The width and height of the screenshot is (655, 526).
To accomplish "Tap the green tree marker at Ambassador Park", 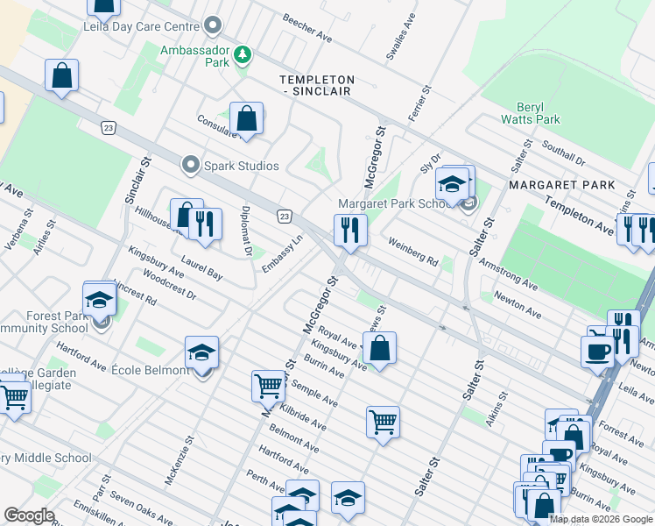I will [x=243, y=57].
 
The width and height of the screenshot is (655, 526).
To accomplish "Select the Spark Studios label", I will [x=241, y=166].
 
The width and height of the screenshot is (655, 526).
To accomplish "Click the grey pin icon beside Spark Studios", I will [x=190, y=165].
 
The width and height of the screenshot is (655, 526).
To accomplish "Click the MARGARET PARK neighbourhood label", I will [x=561, y=185].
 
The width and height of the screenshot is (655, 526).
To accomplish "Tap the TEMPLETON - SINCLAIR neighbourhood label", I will [x=316, y=85].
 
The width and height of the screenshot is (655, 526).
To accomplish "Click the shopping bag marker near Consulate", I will [x=247, y=118].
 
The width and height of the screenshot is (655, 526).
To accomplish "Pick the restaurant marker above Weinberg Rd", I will [x=349, y=231].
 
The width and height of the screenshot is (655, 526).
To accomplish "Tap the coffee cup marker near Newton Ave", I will [x=598, y=351].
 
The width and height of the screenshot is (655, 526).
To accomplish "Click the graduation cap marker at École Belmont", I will [x=202, y=353].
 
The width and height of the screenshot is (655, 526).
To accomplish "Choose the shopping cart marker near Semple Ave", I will [x=268, y=384].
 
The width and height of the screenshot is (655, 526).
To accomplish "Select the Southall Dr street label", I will [x=563, y=154].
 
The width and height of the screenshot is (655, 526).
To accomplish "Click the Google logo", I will [x=29, y=515].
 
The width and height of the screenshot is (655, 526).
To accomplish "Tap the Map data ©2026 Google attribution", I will [x=601, y=519].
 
